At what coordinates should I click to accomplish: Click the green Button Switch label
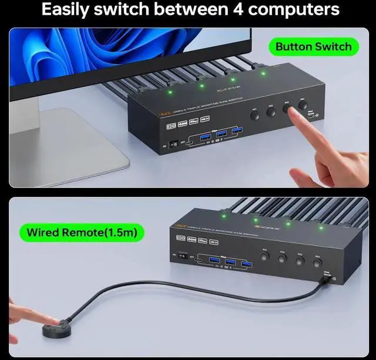pos(313,46)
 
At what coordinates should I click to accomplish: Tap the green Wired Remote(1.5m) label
pos(82,232)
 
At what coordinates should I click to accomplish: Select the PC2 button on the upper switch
pos(271,111)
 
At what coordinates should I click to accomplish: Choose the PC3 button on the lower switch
pos(300,260)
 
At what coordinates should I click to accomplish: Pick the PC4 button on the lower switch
pos(318,264)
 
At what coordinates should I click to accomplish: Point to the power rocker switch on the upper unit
pos(173,144)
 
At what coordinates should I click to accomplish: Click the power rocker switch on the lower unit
pos(183,256)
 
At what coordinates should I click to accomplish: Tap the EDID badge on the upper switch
pos(172,125)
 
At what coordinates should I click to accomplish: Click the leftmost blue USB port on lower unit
pos(212,260)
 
